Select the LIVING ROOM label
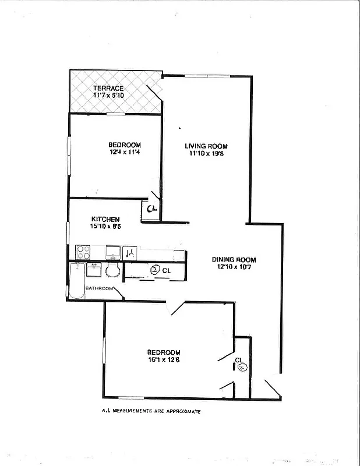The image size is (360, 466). (206, 146)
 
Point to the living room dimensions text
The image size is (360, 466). (206, 154)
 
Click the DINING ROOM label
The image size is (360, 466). (234, 260)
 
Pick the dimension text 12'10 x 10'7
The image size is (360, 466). (234, 267)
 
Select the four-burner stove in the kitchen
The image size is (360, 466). (83, 252)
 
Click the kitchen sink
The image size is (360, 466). (112, 252)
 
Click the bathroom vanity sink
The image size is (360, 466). (94, 270)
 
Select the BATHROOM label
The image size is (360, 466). (100, 288)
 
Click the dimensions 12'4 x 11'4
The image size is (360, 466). (125, 153)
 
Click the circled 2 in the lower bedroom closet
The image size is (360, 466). (243, 367)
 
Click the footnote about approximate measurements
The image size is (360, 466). (151, 411)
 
